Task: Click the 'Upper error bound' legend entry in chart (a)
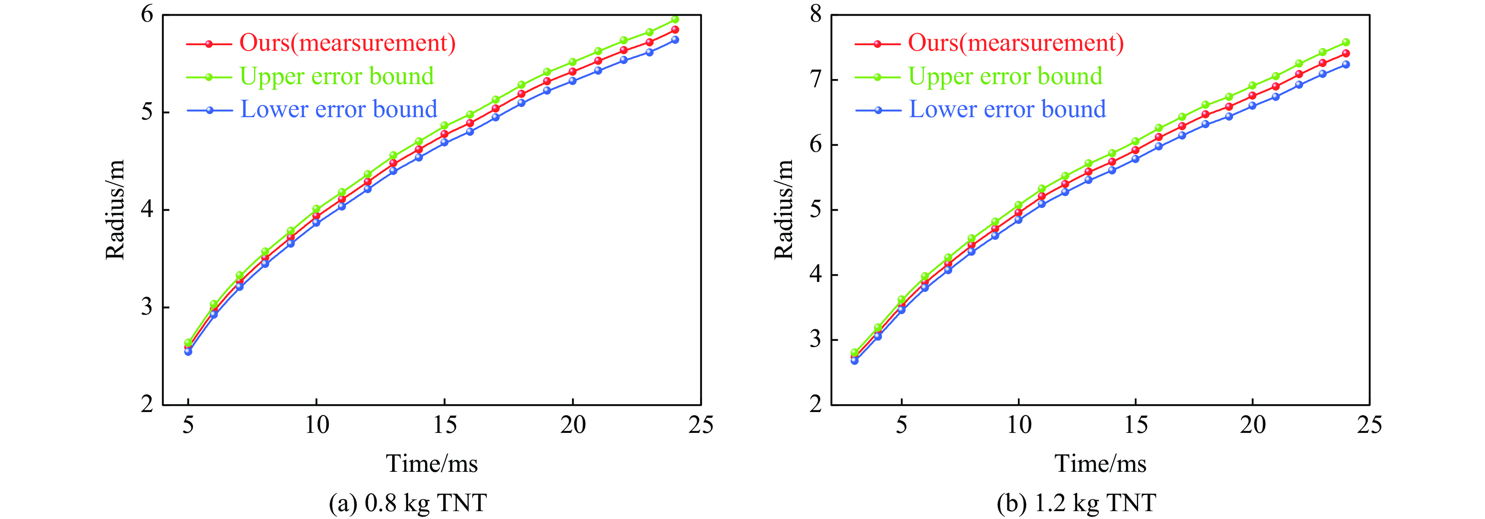[337, 76]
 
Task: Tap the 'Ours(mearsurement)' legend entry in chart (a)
[347, 43]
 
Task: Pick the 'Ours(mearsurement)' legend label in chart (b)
[1016, 43]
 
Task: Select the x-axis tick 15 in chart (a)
[444, 425]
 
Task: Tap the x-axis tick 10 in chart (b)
[1019, 425]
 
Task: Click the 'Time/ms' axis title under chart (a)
[432, 464]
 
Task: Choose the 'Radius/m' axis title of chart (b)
[783, 210]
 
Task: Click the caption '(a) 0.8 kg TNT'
[407, 503]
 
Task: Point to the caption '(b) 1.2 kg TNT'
[1076, 503]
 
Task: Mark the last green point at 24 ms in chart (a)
[675, 19]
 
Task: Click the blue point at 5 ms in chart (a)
[188, 351]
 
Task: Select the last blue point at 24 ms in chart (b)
[1346, 64]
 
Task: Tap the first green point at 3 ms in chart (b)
[854, 352]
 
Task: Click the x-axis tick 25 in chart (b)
[1369, 425]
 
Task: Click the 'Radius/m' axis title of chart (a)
[115, 210]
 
